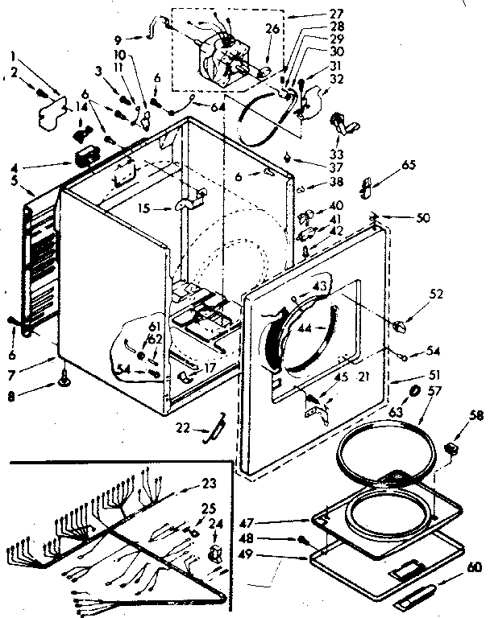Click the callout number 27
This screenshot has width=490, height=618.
314,13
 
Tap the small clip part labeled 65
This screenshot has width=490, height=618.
367,187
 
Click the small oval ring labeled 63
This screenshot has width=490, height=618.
415,390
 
